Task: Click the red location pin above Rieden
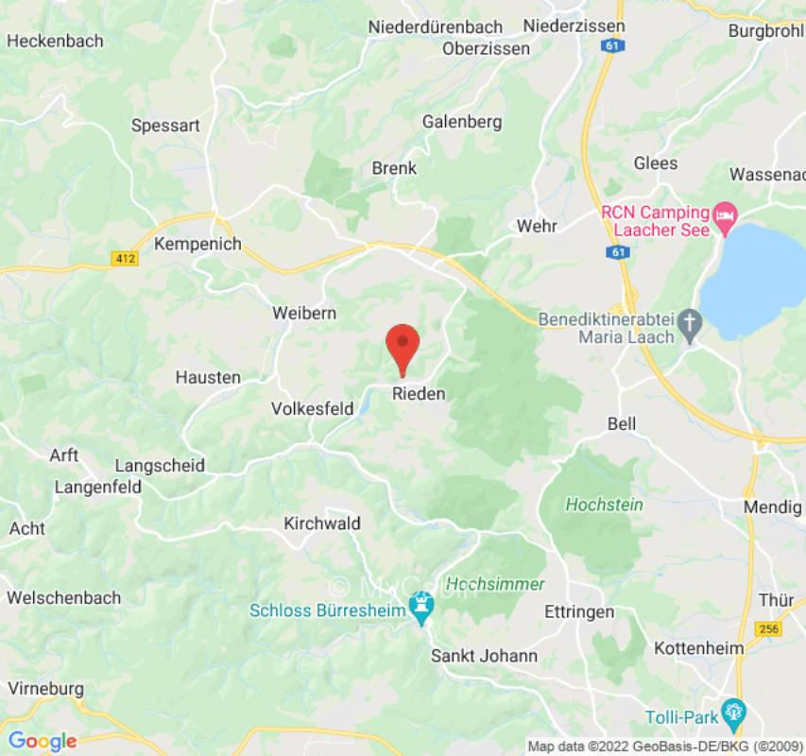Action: click(403, 346)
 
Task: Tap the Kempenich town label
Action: click(197, 244)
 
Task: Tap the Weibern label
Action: click(304, 313)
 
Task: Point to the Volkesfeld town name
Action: click(311, 409)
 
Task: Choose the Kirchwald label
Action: click(322, 523)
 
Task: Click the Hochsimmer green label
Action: click(495, 584)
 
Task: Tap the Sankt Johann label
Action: click(484, 655)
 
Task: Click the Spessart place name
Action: click(166, 125)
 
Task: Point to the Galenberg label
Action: click(462, 122)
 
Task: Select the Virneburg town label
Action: click(44, 688)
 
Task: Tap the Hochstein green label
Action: click(604, 505)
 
